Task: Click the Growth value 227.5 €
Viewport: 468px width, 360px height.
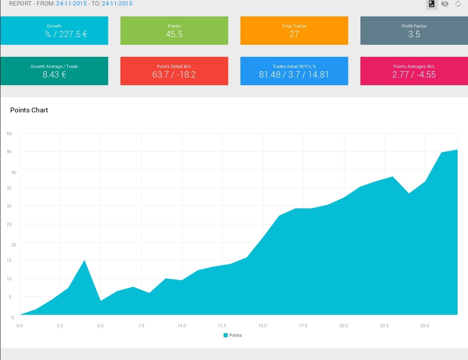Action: [73, 34]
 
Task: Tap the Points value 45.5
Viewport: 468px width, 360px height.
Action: [174, 34]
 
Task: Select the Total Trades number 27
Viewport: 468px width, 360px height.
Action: [294, 34]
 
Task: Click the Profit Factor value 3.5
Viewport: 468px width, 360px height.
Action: [414, 34]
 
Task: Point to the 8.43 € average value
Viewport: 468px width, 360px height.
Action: [54, 74]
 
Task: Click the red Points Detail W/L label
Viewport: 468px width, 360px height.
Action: [174, 66]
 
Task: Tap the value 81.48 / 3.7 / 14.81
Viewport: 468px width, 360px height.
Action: [294, 74]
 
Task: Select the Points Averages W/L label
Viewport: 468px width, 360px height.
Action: [414, 66]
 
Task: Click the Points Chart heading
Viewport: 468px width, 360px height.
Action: [29, 110]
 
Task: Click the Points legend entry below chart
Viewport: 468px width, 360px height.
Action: [232, 335]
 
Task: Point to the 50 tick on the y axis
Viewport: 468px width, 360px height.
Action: [9, 134]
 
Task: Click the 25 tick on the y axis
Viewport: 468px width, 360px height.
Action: [9, 224]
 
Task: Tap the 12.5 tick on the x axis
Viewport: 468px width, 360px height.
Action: [222, 325]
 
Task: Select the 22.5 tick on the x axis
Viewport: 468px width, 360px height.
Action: [384, 325]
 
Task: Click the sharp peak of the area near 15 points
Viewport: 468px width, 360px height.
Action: [84, 260]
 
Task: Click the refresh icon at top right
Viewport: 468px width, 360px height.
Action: [458, 4]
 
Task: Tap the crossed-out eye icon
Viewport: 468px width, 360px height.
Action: [445, 4]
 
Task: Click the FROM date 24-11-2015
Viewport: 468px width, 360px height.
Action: [71, 4]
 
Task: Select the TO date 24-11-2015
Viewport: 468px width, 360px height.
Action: [117, 4]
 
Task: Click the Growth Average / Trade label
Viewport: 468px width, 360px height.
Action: [54, 66]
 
